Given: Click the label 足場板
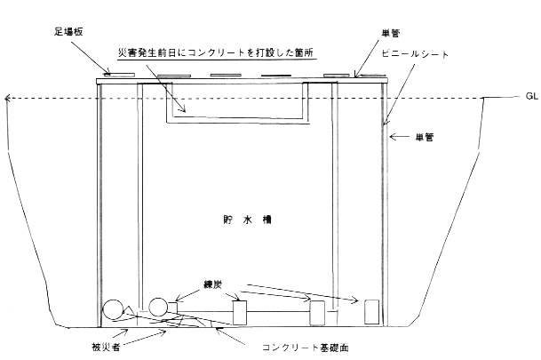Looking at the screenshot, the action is coord(68,32).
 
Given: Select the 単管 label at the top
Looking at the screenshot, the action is coord(391,33).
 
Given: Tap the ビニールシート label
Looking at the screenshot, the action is coord(415,54).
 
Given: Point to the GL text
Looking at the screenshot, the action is coord(532,96).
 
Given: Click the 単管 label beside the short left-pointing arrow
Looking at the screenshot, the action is coord(424,138).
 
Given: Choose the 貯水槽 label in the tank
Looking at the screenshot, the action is coord(247,220).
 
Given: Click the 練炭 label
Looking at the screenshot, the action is coord(212,284).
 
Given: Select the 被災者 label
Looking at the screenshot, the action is coord(106,347).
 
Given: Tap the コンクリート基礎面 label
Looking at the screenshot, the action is coord(306,348).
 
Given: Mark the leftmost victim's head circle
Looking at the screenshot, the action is coord(113,309).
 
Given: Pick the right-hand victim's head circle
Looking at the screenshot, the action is coord(158,307).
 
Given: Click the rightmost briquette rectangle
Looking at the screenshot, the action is coord(372,312).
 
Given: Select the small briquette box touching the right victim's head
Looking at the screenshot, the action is coord(172,308).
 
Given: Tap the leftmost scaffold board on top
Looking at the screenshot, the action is coord(119,74).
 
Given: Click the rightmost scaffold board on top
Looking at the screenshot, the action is coord(372,75).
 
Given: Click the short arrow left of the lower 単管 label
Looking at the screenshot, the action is coord(399,137).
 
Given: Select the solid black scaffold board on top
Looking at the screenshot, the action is coord(276,76).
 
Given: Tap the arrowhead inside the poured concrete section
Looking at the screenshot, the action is coord(183,109).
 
